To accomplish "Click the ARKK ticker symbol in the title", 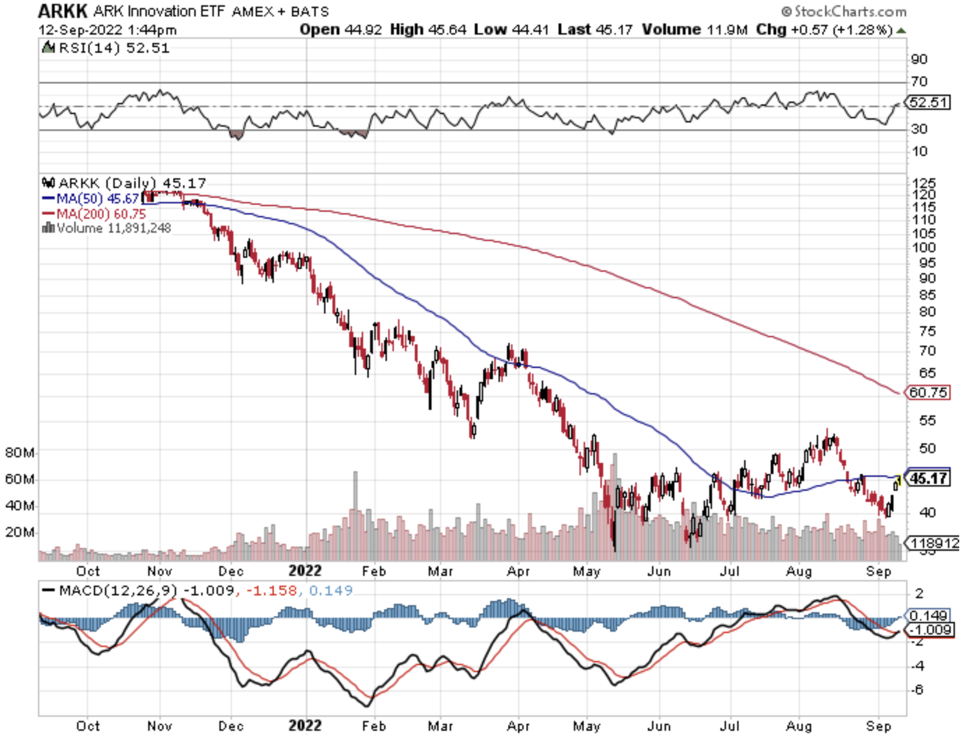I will click(62, 11).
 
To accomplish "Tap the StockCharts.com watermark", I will click(844, 11).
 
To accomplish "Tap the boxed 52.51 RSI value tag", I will click(928, 102).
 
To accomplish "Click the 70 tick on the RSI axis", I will click(919, 81).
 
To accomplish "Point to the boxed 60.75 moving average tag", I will click(928, 392).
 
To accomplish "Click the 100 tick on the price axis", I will click(923, 247).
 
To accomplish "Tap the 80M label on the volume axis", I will click(19, 452).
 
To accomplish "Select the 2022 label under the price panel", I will click(305, 571).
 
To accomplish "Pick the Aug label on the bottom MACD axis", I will click(799, 726).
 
